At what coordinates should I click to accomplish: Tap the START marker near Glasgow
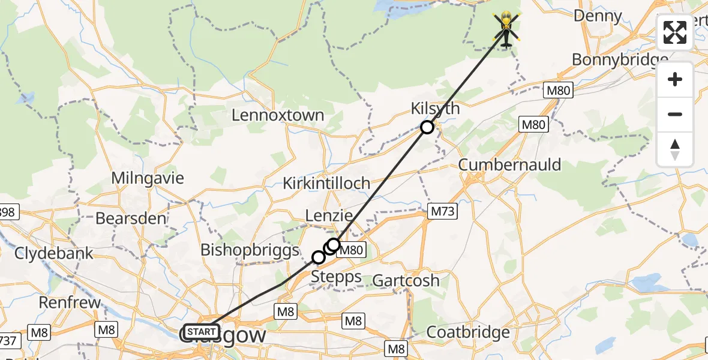coord(202,332)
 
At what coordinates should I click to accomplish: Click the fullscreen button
coord(675,32)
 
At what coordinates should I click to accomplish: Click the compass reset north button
coord(675,149)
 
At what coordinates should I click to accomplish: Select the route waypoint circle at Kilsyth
coord(427,127)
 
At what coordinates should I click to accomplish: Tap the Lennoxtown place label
coord(278,115)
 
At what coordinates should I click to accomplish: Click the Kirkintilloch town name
coord(326,184)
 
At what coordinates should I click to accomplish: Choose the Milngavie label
coord(148,178)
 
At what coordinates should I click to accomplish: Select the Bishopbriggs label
coord(250,250)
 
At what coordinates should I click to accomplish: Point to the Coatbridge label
coord(468,332)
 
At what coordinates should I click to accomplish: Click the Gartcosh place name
coord(406,280)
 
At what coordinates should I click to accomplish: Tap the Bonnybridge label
coord(620,59)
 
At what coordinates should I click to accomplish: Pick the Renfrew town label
coord(70,302)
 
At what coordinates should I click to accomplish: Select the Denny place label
coord(598,16)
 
